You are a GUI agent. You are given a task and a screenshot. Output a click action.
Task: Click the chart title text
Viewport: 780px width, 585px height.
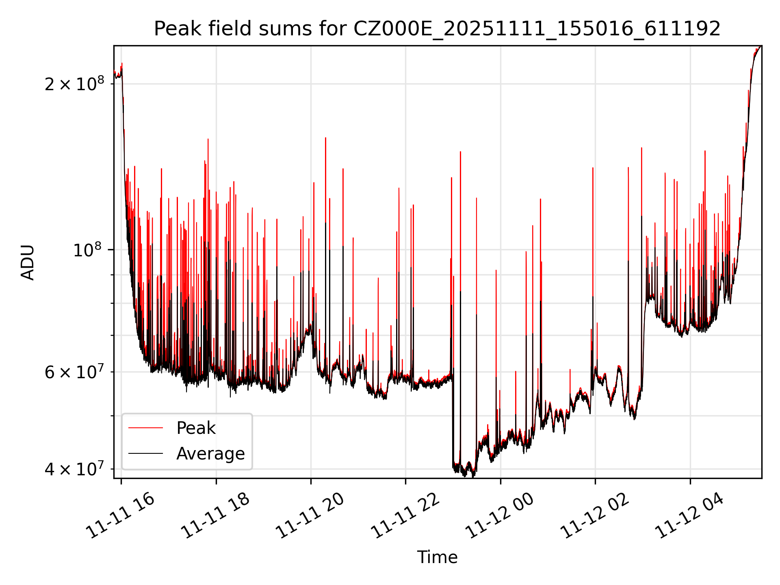click(437, 29)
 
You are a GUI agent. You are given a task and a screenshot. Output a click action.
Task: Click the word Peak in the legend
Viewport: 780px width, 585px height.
click(196, 428)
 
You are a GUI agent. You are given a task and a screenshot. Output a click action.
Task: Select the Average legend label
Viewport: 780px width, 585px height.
click(210, 454)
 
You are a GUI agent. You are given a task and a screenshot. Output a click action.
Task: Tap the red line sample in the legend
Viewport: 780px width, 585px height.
click(145, 428)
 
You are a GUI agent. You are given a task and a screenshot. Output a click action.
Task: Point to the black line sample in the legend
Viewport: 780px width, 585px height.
click(145, 453)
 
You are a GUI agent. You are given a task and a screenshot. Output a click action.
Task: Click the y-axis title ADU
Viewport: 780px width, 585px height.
click(28, 262)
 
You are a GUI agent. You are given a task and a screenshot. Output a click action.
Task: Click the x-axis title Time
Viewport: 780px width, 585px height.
click(437, 557)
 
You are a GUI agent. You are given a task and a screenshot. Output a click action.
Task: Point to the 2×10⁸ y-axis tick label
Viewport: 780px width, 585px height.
click(74, 84)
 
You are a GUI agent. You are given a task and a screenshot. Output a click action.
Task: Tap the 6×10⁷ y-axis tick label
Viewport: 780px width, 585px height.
click(74, 372)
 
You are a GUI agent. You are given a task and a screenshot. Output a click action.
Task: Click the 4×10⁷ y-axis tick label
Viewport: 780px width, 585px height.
click(74, 469)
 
